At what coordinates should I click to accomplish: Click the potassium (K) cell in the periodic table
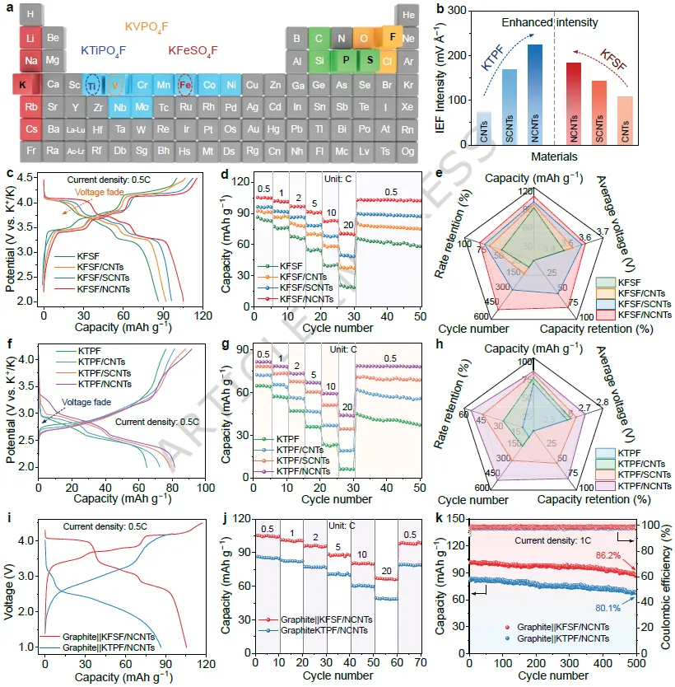[23, 83]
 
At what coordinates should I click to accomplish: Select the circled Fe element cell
[187, 84]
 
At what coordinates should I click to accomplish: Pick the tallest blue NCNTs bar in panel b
[535, 97]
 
